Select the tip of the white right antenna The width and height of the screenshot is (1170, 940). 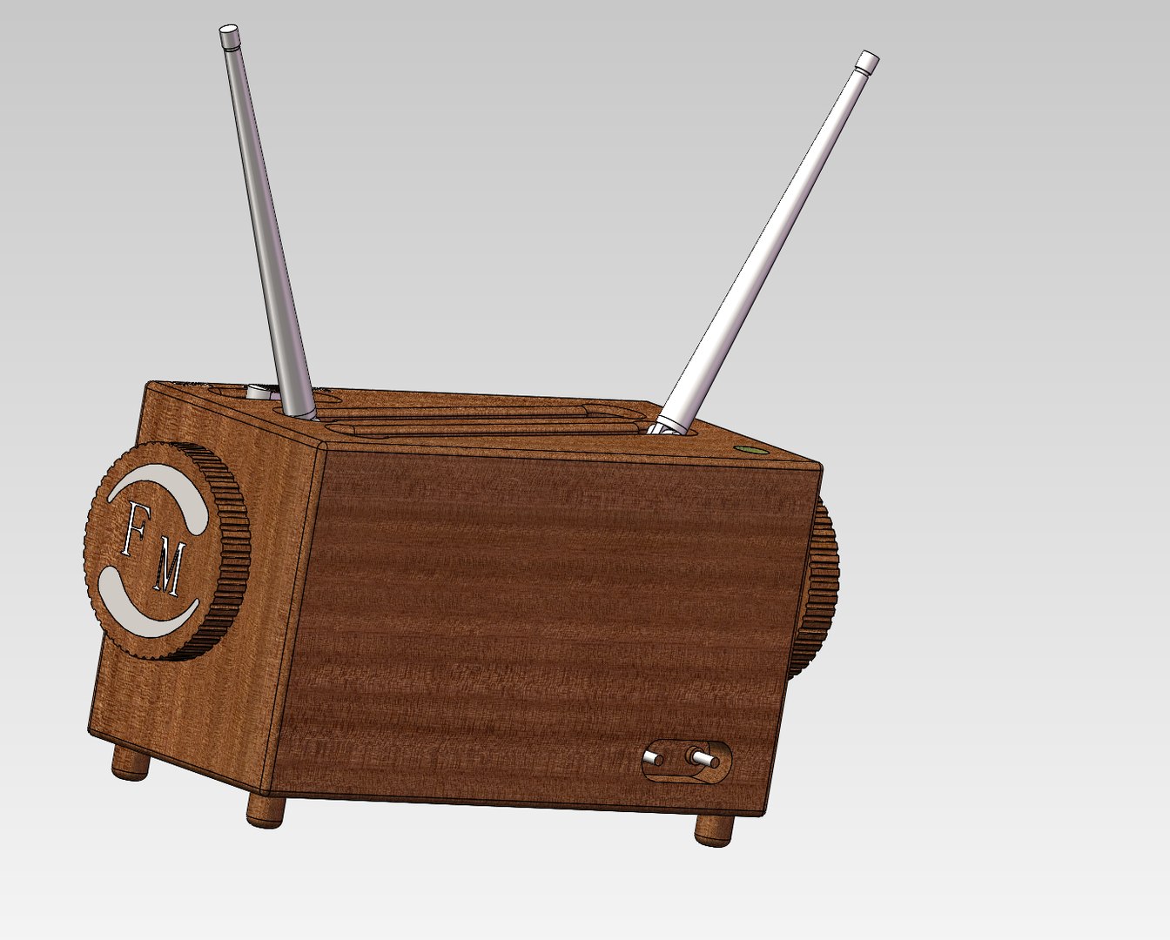[x=867, y=61]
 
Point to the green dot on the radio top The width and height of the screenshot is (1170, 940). [x=747, y=450]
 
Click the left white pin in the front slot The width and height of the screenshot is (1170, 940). [x=653, y=760]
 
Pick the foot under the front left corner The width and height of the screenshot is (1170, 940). [x=266, y=811]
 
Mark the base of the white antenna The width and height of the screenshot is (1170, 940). [x=667, y=425]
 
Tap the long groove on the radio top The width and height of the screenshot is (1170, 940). [x=470, y=426]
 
